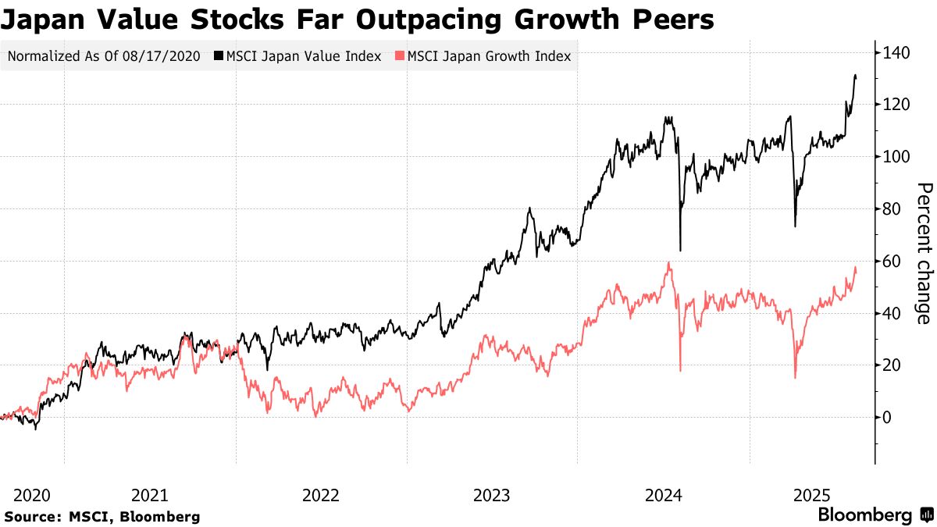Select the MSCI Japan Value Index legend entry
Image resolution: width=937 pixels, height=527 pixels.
click(297, 55)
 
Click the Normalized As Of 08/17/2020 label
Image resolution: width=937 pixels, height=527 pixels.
click(104, 55)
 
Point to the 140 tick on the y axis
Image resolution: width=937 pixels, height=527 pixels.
click(896, 53)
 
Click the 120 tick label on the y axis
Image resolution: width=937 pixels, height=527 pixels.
click(896, 105)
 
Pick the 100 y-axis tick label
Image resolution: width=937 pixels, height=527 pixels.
click(896, 157)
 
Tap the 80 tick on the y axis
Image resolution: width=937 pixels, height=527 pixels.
click(892, 209)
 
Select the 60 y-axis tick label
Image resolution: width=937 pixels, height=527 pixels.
click(892, 261)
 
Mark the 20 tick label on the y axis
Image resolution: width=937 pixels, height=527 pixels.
click(892, 365)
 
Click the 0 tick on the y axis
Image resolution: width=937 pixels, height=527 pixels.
click(888, 418)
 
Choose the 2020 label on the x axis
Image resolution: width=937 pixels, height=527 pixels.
click(32, 495)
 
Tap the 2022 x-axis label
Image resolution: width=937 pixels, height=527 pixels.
click(321, 495)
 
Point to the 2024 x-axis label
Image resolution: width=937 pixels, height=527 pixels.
click(664, 495)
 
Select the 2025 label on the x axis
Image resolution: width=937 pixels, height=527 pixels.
click(812, 495)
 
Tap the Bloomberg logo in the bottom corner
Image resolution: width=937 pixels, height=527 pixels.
click(875, 515)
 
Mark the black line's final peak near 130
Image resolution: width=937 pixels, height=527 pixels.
click(855, 76)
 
